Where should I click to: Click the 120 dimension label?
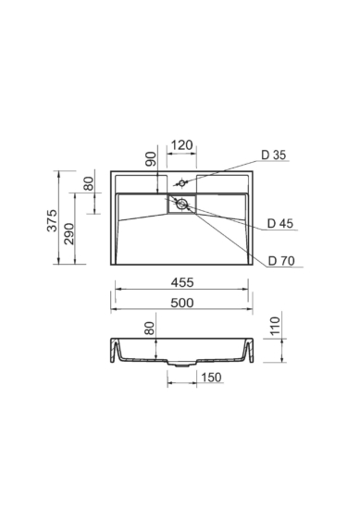click(x=181, y=145)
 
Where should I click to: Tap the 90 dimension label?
click(x=151, y=159)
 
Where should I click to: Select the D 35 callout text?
click(x=274, y=155)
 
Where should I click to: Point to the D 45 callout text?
click(x=280, y=223)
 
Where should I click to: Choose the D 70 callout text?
click(x=281, y=261)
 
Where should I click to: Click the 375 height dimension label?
click(x=52, y=221)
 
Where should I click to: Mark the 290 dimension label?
click(x=68, y=234)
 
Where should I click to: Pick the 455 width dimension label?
click(x=182, y=282)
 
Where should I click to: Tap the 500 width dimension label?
click(x=182, y=303)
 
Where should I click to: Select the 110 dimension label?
click(x=275, y=326)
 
